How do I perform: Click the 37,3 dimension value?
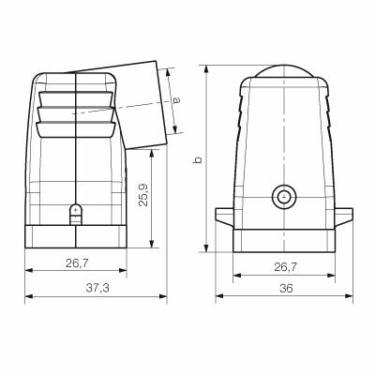(x=97, y=288)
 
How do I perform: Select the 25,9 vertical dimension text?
(x=143, y=195)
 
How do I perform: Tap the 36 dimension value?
(x=286, y=288)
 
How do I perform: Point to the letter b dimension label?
(x=198, y=159)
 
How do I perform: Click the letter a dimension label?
(x=176, y=100)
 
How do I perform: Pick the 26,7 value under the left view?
(x=77, y=263)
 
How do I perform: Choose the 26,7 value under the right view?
(x=286, y=267)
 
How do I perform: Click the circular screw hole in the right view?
(x=284, y=197)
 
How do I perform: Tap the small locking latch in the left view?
(x=75, y=215)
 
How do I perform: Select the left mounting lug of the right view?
(x=224, y=217)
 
